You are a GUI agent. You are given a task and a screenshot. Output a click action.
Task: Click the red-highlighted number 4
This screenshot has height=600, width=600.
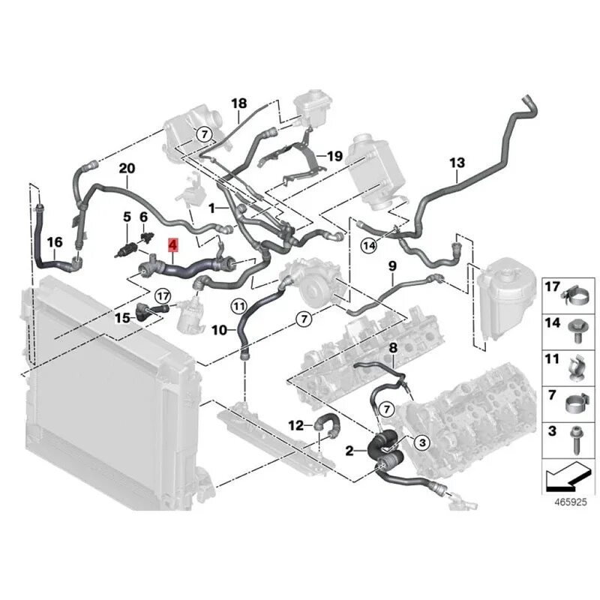[172, 245]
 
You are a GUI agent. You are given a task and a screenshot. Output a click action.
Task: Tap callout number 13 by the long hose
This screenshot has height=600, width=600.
[457, 162]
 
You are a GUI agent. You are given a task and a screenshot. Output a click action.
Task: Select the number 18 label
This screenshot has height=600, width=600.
[238, 103]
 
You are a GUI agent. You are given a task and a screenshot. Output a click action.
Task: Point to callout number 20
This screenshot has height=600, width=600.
[126, 168]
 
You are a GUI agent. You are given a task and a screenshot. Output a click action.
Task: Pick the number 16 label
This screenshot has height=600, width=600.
[55, 241]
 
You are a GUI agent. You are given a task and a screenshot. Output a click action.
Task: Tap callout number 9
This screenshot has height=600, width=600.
[391, 266]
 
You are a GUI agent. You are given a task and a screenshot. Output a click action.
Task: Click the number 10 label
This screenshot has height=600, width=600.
[218, 329]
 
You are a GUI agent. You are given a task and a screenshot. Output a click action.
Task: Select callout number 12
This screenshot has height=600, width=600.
[296, 425]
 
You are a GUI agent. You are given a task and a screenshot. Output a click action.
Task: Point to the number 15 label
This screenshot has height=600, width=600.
[122, 317]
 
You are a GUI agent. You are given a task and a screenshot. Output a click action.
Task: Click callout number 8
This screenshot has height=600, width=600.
[393, 346]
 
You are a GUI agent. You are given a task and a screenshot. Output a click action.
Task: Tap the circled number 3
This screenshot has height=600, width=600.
[421, 443]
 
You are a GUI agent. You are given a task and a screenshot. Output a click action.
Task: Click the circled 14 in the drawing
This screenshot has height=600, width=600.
[368, 244]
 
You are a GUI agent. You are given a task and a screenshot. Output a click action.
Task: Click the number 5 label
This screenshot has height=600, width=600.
[127, 217]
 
